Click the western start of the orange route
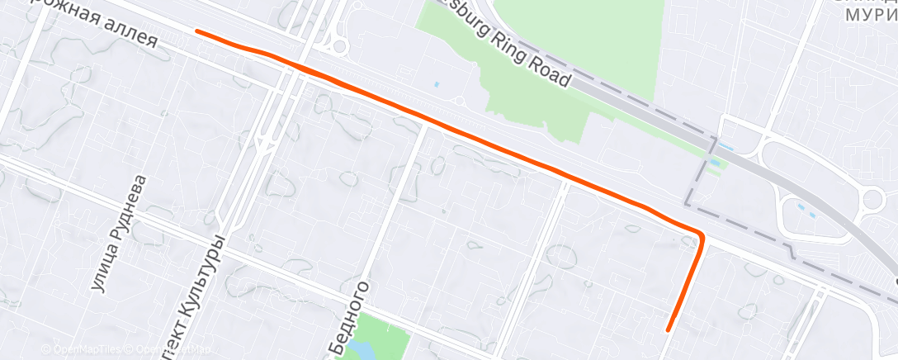click(x=196, y=31)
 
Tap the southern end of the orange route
click(x=669, y=329)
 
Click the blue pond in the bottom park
click(x=360, y=349)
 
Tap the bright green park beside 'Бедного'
click(x=388, y=334)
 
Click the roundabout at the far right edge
click(x=873, y=199)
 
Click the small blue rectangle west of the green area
click(x=437, y=84)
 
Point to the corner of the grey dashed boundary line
click(x=688, y=204)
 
